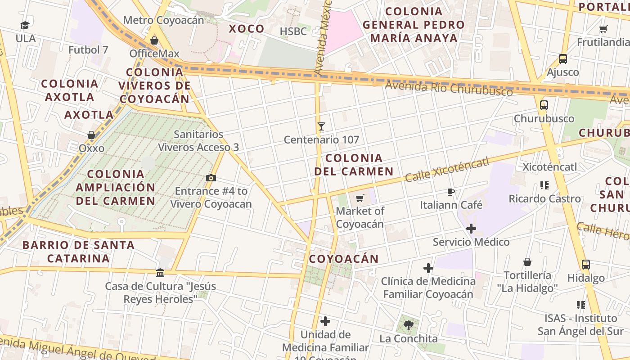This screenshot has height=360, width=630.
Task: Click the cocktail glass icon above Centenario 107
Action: tap(321, 126)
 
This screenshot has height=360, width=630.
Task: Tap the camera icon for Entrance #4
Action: tap(211, 178)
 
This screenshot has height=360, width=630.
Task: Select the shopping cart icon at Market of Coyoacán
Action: tap(360, 198)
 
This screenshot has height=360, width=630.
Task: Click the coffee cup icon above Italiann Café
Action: tap(451, 192)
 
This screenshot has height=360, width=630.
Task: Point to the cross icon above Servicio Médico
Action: tap(471, 229)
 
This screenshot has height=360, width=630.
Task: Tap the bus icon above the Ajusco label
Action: tap(562, 58)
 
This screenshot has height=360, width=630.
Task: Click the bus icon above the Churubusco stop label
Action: tap(544, 105)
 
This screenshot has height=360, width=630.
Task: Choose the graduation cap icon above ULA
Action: tap(25, 26)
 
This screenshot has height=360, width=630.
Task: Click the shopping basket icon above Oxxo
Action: tap(91, 135)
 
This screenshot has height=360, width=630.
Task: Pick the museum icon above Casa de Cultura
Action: tap(160, 273)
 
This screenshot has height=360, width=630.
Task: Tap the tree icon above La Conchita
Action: tap(408, 325)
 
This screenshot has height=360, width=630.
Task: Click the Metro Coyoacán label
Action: tap(163, 20)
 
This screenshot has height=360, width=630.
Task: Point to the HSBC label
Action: tap(293, 31)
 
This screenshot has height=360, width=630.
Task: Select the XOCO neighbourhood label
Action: tap(247, 29)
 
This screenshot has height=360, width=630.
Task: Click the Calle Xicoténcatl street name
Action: tap(446, 170)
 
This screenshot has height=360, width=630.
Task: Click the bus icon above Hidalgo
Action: tap(585, 265)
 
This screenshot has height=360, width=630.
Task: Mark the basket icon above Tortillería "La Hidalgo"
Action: tap(527, 262)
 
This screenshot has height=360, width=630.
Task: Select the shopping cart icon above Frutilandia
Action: tap(603, 29)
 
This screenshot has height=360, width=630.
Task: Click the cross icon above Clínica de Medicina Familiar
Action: tap(428, 269)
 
